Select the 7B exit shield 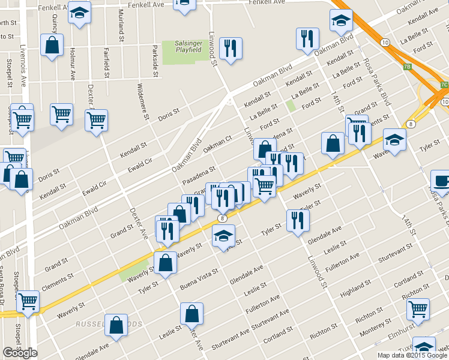408,67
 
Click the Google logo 20,353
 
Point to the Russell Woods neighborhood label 109,324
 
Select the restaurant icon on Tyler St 297,220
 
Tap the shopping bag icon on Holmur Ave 52,44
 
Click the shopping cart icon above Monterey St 418,309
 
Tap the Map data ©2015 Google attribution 412,355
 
